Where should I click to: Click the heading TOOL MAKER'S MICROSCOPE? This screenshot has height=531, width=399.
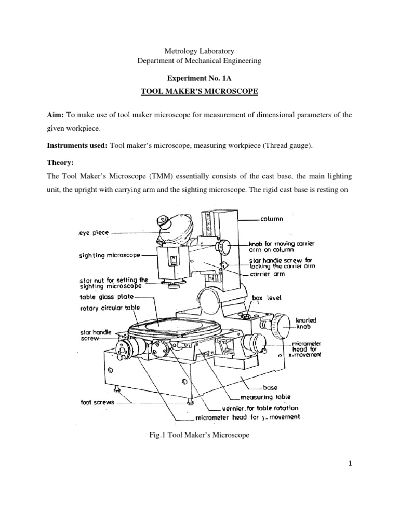(x=199, y=92)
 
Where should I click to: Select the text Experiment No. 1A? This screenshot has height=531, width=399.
(x=199, y=79)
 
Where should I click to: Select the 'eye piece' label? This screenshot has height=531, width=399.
(x=94, y=233)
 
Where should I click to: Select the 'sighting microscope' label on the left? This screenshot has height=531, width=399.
(x=109, y=256)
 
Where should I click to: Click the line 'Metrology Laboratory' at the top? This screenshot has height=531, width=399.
(x=199, y=51)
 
